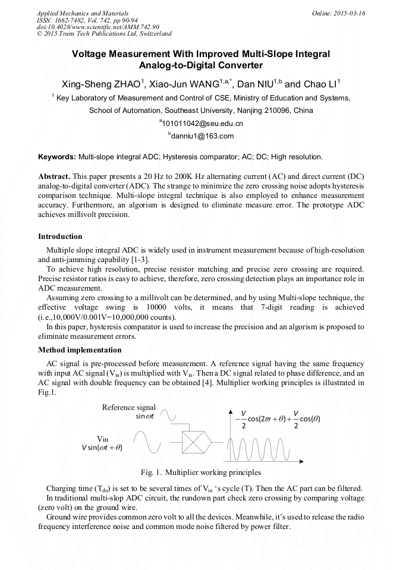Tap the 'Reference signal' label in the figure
click(129, 407)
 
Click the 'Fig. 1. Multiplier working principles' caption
click(201, 473)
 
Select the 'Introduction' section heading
click(60, 237)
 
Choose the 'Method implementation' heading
click(80, 350)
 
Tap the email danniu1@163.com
click(201, 136)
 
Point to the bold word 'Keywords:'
click(57, 157)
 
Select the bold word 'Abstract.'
click(55, 177)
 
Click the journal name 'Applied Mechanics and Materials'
click(83, 13)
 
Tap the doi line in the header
click(98, 27)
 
